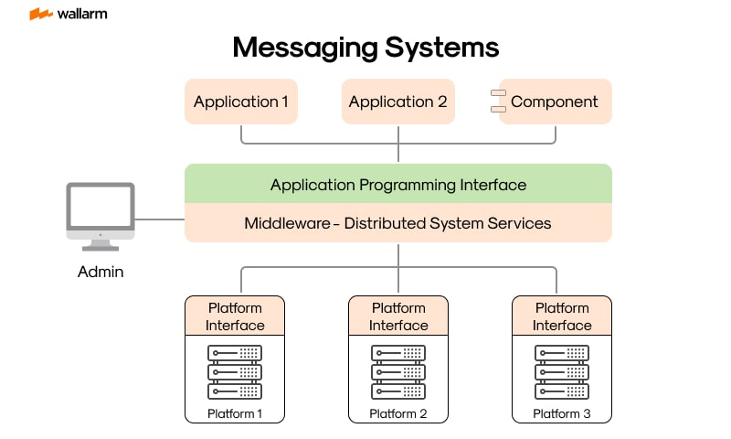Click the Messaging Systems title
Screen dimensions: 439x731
tap(365, 48)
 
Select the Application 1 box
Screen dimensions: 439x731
tap(241, 102)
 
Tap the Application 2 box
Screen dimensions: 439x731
tap(398, 102)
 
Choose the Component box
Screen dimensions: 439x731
tap(555, 102)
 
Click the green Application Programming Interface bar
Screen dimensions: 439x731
tap(398, 184)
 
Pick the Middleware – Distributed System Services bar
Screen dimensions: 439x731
tap(398, 223)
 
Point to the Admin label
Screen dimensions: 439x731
tap(101, 272)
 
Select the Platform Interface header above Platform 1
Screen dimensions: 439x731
tap(235, 316)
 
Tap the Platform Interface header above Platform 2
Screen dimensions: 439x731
tap(398, 316)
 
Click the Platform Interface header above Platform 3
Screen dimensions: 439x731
tap(562, 316)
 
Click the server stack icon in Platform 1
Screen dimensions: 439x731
tap(235, 371)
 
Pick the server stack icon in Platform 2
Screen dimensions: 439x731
tap(398, 371)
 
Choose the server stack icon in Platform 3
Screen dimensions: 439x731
tap(562, 371)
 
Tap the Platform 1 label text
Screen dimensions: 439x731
tap(235, 414)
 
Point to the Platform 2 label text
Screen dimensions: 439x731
tap(398, 414)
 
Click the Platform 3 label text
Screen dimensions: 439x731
tap(562, 414)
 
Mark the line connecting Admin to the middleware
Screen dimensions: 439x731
tap(160, 219)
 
